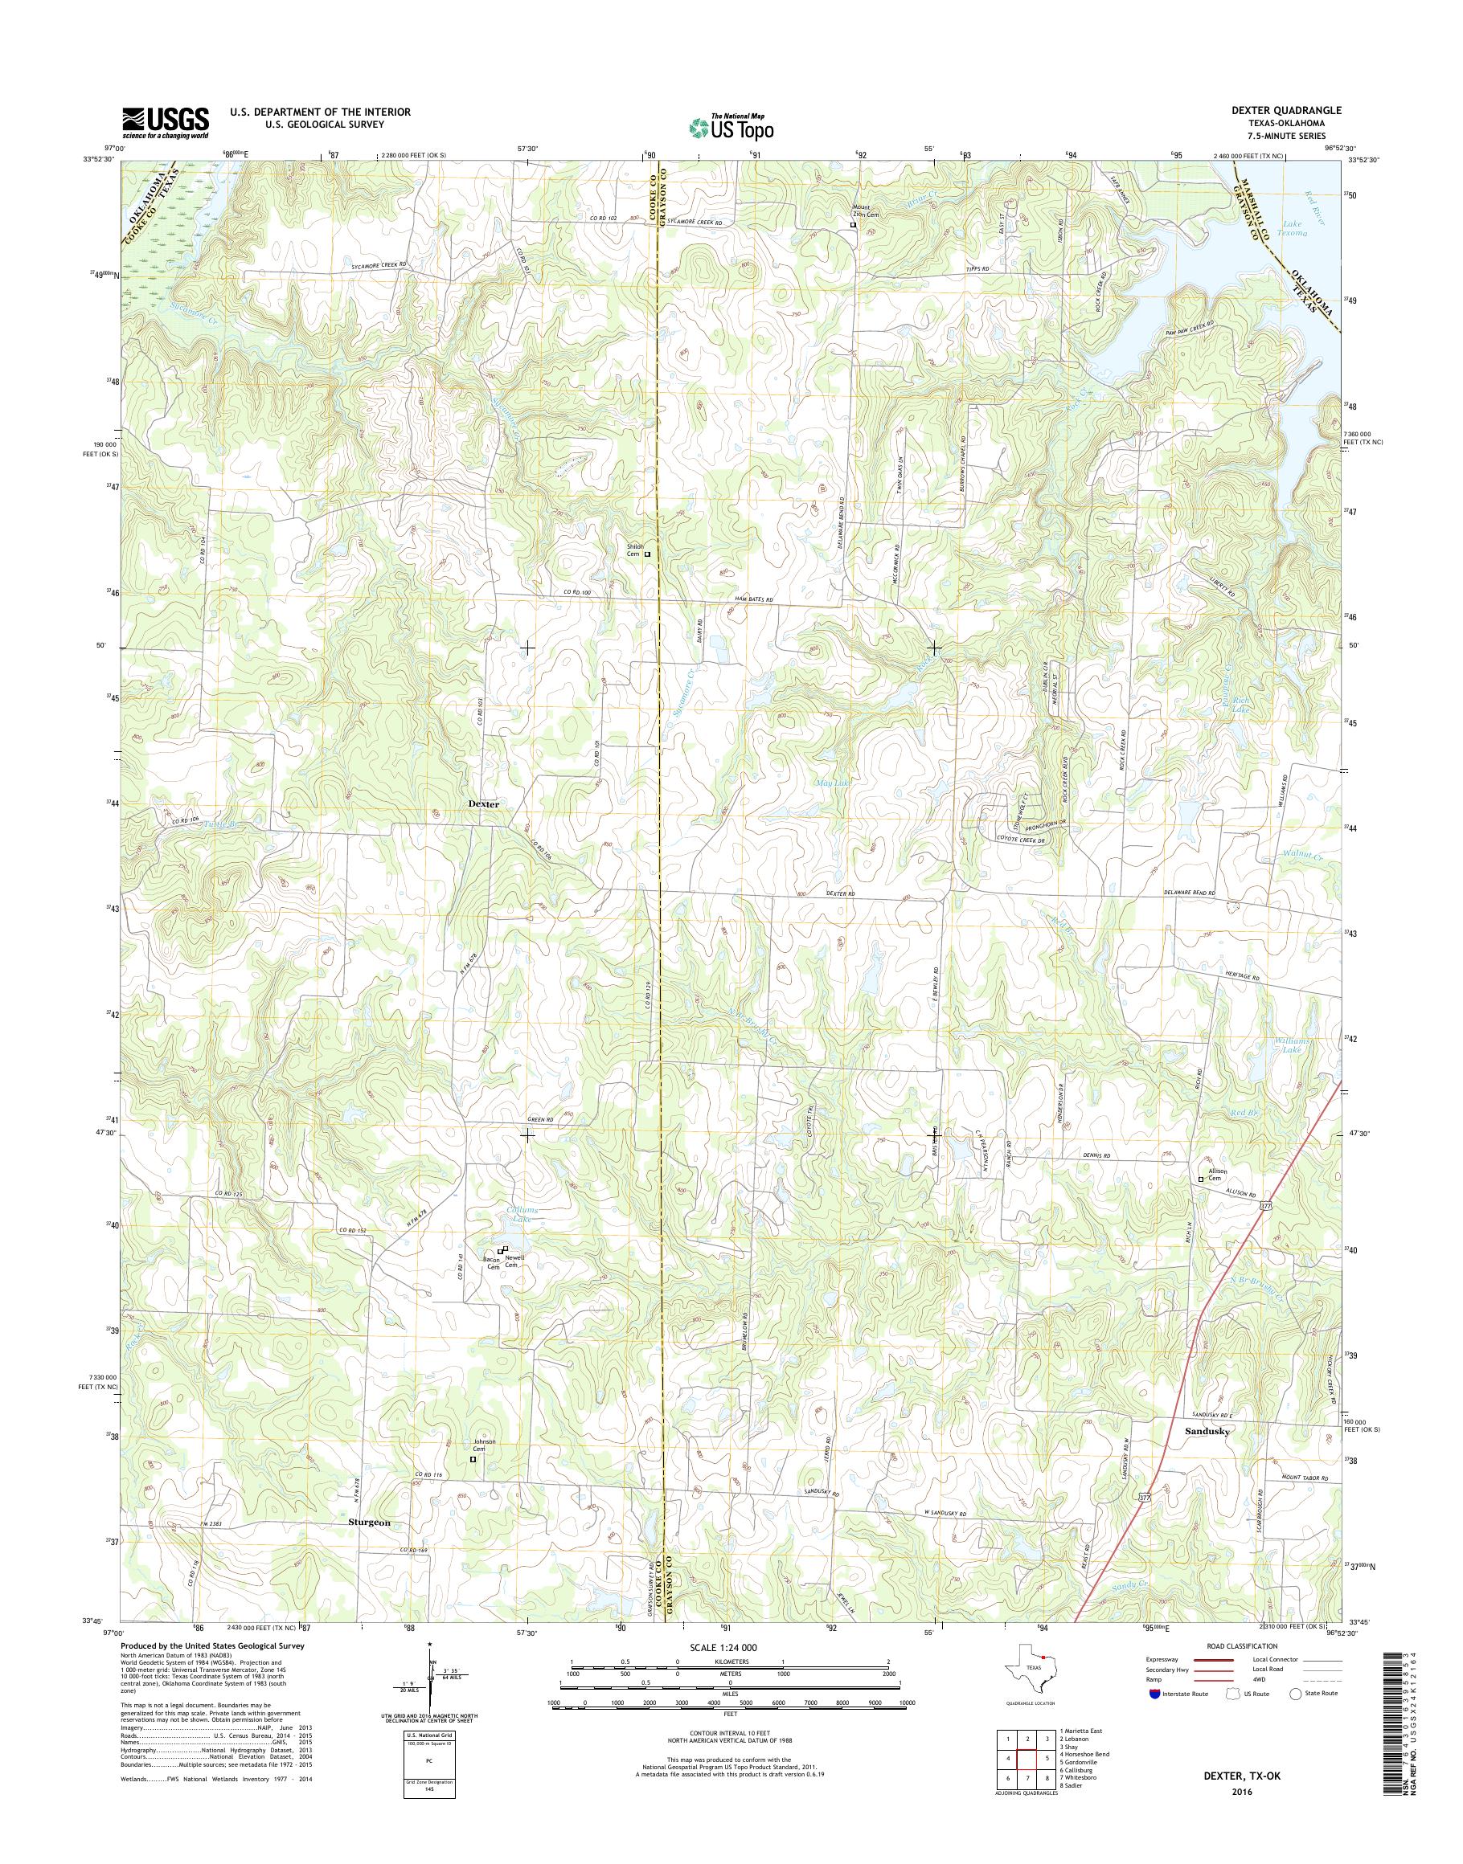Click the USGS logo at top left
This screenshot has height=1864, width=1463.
166,122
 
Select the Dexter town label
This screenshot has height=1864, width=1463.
483,805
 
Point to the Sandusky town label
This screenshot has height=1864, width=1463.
1207,1431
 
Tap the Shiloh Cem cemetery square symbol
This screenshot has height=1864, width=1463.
648,554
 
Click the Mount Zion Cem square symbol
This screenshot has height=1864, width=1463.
852,225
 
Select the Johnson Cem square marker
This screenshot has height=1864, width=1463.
473,1459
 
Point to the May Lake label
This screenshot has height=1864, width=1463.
827,783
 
